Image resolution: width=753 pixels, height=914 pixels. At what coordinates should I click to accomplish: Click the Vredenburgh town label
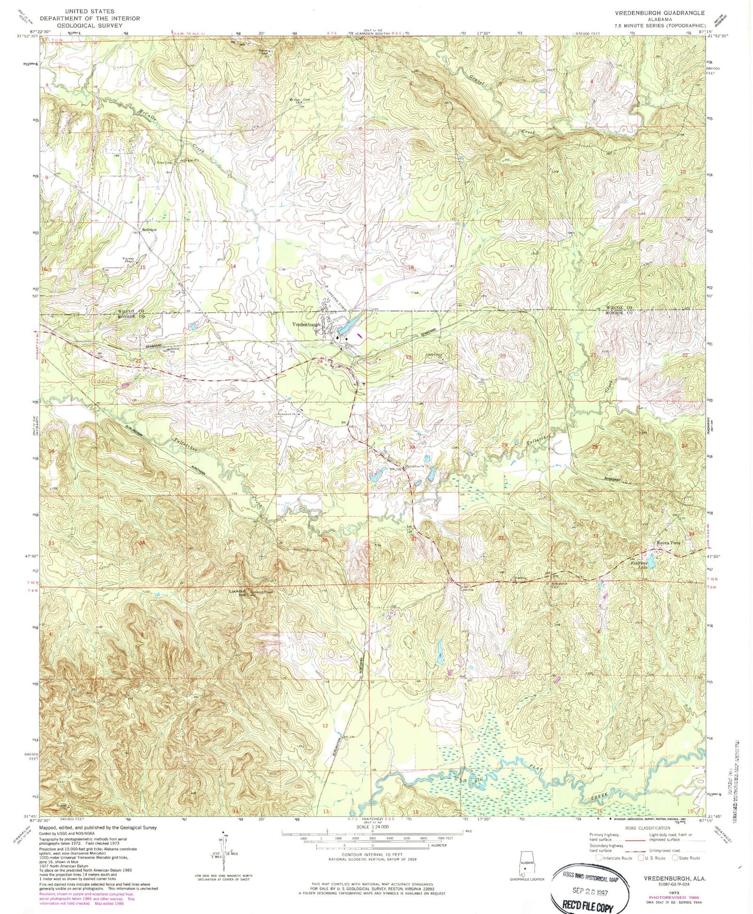pyautogui.click(x=306, y=324)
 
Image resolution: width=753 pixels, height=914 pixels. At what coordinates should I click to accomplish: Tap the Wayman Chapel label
pyautogui.click(x=129, y=260)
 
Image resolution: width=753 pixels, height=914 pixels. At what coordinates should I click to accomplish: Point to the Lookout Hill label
pyautogui.click(x=237, y=593)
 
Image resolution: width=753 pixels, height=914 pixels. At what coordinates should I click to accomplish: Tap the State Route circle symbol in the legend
pyautogui.click(x=675, y=858)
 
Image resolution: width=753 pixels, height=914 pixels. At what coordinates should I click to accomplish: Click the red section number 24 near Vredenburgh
pyautogui.click(x=320, y=362)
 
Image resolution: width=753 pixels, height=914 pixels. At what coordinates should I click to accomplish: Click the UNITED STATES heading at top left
pyautogui.click(x=90, y=11)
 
